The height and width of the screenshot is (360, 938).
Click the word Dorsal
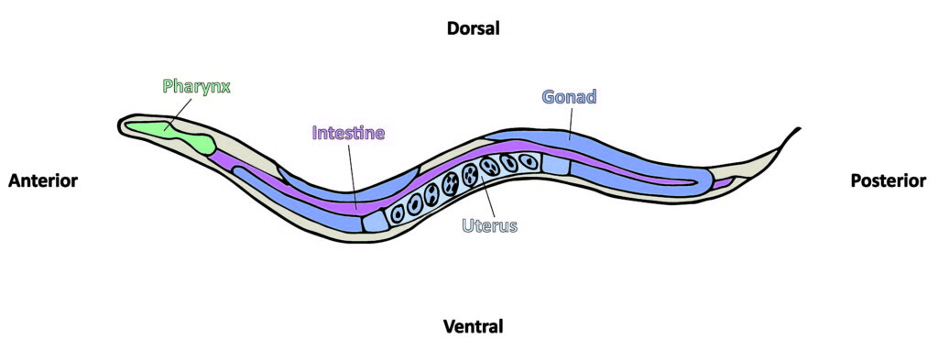pyautogui.click(x=473, y=28)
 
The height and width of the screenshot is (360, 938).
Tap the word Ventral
pyautogui.click(x=473, y=326)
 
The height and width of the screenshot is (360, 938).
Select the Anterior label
pyautogui.click(x=43, y=180)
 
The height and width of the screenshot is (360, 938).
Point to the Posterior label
pyautogui.click(x=888, y=180)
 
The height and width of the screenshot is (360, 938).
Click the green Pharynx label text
pyautogui.click(x=196, y=87)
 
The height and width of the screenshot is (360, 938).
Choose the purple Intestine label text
pyautogui.click(x=348, y=133)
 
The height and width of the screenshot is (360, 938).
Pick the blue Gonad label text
pyautogui.click(x=569, y=97)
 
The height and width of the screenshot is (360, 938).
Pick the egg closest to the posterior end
pyautogui.click(x=529, y=162)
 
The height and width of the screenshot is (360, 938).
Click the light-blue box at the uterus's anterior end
pyautogui.click(x=375, y=221)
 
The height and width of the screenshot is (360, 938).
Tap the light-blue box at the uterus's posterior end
pyautogui.click(x=555, y=163)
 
